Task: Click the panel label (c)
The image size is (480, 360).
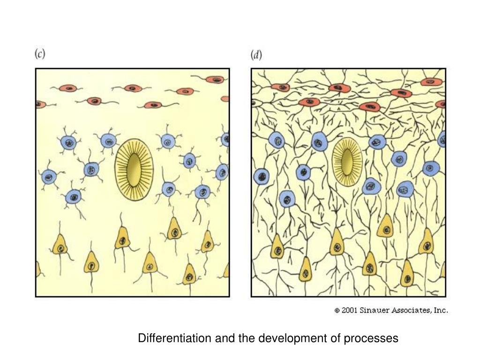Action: (40, 54)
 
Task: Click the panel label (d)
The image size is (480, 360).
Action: (256, 55)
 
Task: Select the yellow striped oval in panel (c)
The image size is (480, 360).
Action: (134, 169)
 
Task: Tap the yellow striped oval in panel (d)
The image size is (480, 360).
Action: (347, 162)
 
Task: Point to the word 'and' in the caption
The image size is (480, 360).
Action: (222, 338)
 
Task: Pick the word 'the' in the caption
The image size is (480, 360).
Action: (247, 338)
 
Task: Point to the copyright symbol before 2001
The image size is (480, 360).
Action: (337, 311)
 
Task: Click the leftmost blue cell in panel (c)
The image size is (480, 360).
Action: (49, 177)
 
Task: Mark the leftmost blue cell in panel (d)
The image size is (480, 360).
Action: (261, 177)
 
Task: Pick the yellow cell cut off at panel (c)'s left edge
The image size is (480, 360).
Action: (38, 269)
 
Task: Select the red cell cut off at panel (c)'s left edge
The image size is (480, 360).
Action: (39, 105)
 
